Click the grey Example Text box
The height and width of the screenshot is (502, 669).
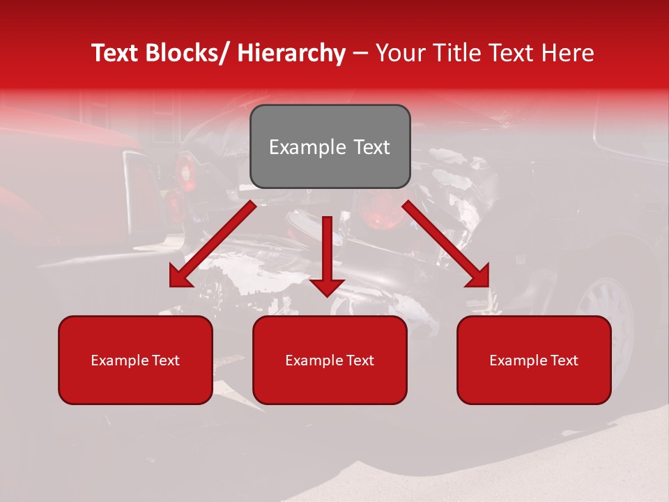click(x=330, y=146)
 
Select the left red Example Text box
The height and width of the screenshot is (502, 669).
click(x=135, y=360)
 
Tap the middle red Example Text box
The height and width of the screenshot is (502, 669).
click(x=330, y=360)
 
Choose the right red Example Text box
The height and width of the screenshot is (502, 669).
click(x=534, y=360)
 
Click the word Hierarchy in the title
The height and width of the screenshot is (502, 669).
click(x=291, y=53)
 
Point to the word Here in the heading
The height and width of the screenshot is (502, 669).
click(x=569, y=53)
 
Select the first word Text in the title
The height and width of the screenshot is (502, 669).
click(x=116, y=53)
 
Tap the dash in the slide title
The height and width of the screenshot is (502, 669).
click(x=360, y=54)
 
